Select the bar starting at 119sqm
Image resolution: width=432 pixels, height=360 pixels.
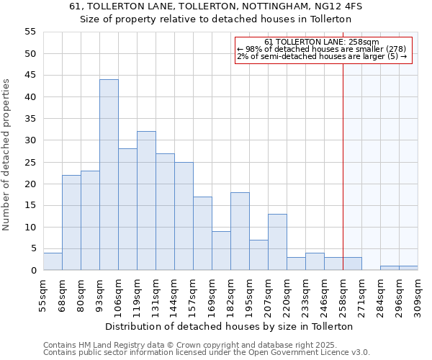coord(146,201)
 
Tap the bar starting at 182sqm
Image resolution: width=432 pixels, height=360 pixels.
coord(240,231)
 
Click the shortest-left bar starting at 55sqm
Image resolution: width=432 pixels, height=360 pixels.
coord(53,262)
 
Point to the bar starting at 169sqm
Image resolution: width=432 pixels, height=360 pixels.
coord(221,251)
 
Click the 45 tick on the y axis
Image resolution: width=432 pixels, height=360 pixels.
coord(30,76)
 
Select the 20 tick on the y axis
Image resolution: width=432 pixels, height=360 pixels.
coord(30,184)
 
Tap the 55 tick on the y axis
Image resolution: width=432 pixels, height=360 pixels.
coord(30,32)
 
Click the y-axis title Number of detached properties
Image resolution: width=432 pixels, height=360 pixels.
coord(7,155)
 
